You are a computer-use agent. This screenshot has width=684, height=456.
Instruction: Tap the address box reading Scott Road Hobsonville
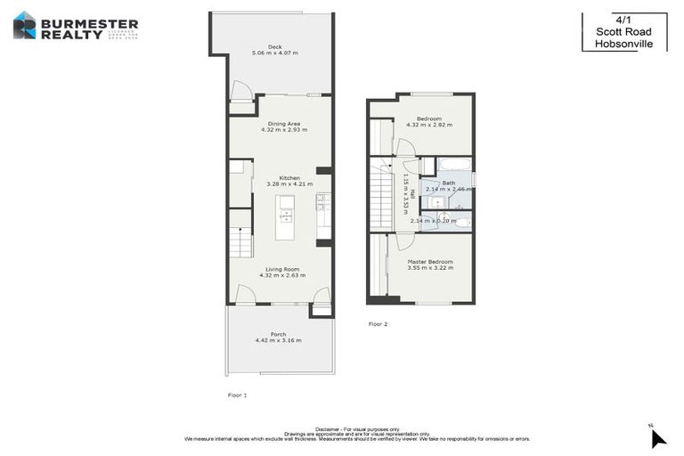tap(623, 32)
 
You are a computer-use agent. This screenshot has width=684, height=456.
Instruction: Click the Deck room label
tap(275, 47)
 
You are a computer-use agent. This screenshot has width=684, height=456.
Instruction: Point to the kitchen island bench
tap(287, 216)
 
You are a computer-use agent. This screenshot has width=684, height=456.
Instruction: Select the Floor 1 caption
tap(237, 394)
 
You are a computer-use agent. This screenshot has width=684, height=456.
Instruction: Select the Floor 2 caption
tap(379, 324)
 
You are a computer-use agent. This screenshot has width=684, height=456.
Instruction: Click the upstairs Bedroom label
tap(429, 118)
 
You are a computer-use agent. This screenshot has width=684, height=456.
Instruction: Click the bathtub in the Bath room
tap(453, 165)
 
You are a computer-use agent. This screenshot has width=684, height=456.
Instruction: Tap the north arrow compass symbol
tap(656, 437)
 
